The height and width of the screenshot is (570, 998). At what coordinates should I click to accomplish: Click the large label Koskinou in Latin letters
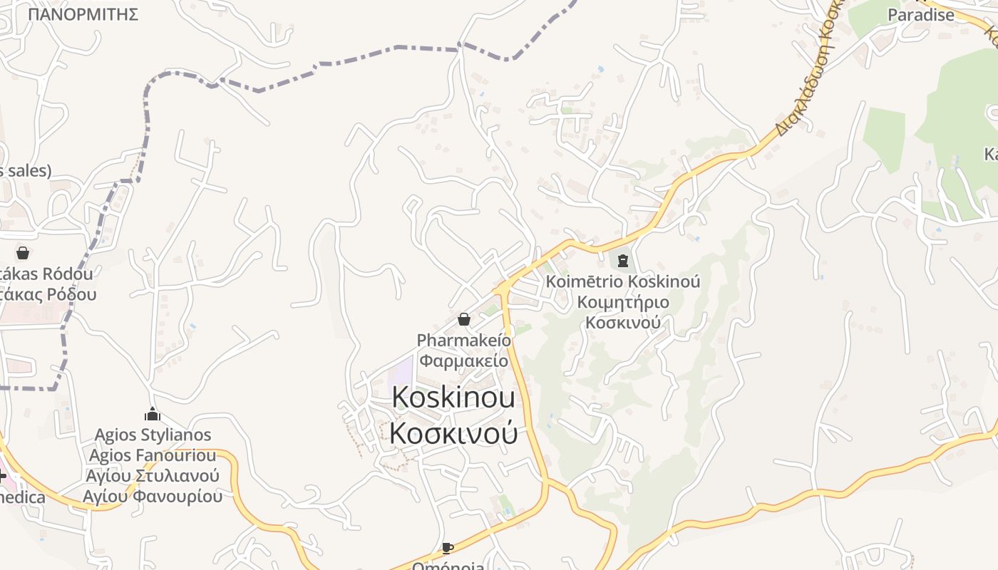coord(453,398)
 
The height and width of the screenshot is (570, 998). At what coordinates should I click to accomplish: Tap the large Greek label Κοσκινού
coord(453,433)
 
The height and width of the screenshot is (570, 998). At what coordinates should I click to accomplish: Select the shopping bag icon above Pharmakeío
coord(464,319)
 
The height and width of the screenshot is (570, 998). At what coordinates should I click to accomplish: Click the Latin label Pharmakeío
coord(464,340)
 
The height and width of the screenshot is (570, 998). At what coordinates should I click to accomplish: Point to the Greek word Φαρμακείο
coord(464,361)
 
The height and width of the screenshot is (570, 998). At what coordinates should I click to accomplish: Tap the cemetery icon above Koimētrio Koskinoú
coord(623,261)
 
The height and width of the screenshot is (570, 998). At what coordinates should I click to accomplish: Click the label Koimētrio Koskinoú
coord(623,281)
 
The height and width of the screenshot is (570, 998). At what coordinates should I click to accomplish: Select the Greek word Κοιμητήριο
coord(623,302)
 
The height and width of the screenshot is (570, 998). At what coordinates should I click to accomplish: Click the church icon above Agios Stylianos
coord(153,414)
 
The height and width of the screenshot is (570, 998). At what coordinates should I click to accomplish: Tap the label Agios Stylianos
coord(153,435)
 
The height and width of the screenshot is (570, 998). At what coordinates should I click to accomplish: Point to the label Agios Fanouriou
coord(153,455)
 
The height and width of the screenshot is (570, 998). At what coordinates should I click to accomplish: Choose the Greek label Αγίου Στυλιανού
coord(153,476)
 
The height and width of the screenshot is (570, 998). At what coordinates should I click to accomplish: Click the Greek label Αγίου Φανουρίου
coord(153,496)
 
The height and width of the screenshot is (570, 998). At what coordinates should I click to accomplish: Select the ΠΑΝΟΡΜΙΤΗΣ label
coord(83,14)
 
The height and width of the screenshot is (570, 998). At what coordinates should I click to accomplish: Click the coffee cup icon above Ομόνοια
coord(447,548)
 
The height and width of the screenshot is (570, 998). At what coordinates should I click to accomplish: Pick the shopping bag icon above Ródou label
coord(23,253)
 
